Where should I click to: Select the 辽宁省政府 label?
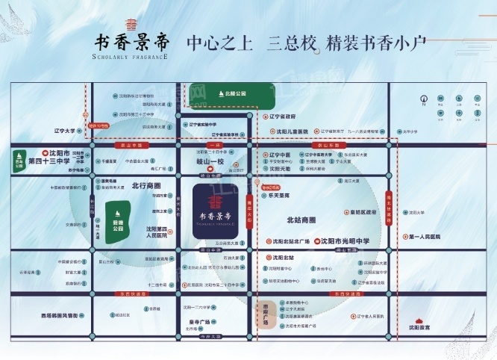pos(282,117)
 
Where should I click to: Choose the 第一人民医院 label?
pos(425,237)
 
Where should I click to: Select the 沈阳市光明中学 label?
pos(345,242)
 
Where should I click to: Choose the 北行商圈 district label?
pos(146,184)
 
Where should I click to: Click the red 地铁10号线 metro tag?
pos(96,126)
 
